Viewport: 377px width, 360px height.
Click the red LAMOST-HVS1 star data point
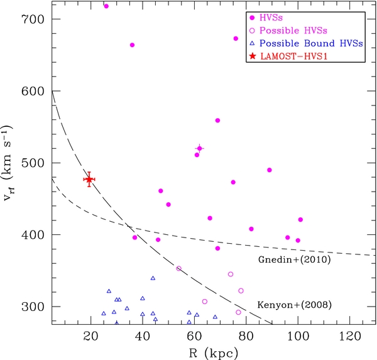coord(89,179)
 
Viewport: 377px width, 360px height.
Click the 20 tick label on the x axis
coord(90,335)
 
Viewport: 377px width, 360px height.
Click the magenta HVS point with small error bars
coord(199,148)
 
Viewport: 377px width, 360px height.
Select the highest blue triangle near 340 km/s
coord(153,278)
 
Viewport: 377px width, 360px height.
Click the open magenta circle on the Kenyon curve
coord(178,268)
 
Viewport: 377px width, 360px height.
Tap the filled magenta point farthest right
coord(300,219)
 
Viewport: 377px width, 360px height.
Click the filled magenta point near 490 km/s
coord(269,170)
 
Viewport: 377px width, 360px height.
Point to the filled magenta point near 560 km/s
coord(217,120)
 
